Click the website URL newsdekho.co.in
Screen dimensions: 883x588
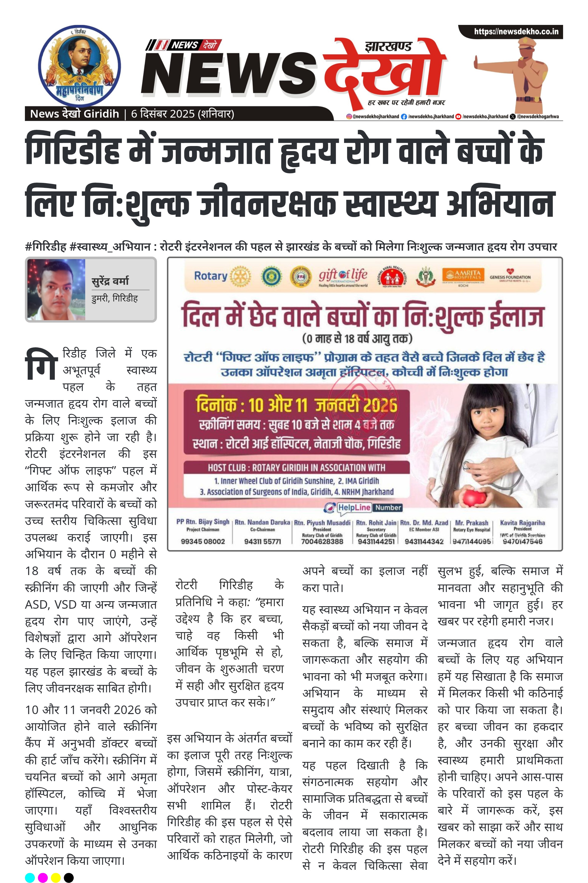pos(516,31)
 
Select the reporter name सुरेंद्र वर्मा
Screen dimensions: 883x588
pos(110,281)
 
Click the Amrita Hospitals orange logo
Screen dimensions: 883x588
pos(461,276)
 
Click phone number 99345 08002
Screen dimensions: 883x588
pos(203,541)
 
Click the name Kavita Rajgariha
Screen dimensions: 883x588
pos(522,523)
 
